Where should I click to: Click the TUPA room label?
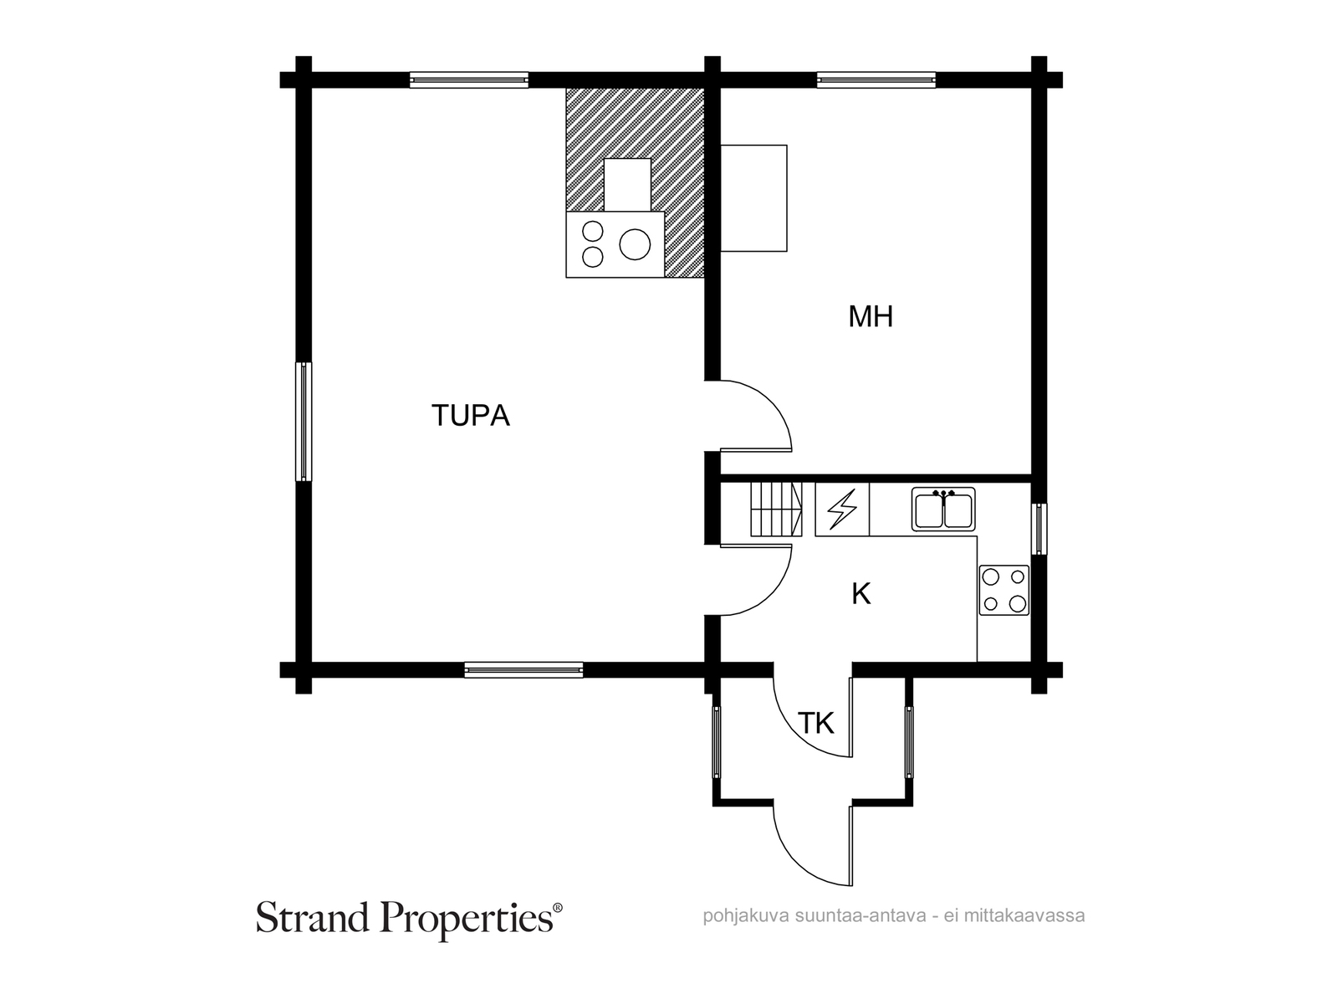click(470, 415)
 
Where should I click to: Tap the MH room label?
click(871, 316)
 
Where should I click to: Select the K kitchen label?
click(861, 594)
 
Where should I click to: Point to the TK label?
click(815, 723)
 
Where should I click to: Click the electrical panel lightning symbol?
click(842, 510)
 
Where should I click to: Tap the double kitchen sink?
click(943, 510)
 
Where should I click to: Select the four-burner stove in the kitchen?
click(1004, 590)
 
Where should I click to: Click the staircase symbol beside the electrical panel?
click(776, 509)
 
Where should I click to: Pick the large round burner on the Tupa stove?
click(635, 244)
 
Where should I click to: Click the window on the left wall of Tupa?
click(304, 422)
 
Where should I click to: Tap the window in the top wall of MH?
click(876, 80)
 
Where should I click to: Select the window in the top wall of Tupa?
click(469, 80)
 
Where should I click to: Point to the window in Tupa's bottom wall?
click(523, 669)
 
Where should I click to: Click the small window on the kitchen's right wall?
click(1038, 529)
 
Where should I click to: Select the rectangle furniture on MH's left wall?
click(753, 197)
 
